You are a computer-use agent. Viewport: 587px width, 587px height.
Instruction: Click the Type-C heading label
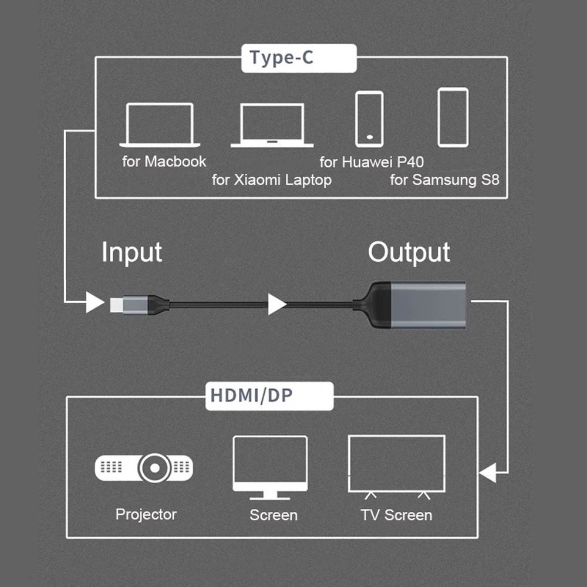tap(299, 59)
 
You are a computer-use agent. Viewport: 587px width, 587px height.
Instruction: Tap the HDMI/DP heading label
tap(268, 396)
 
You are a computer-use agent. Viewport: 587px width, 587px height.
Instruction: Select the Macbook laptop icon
tap(160, 125)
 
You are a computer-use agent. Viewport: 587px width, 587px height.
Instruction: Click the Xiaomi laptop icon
tap(272, 126)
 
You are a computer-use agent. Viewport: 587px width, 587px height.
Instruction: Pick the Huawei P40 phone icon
tap(369, 119)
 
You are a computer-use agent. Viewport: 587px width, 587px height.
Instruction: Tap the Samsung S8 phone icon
tap(453, 117)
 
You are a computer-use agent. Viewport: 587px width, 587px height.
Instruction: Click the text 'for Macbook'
tap(164, 161)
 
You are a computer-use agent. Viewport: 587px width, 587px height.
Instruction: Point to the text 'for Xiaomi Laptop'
tap(272, 180)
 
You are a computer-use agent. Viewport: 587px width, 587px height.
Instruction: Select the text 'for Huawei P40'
tap(372, 161)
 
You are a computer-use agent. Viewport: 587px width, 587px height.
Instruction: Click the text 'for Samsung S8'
tap(444, 180)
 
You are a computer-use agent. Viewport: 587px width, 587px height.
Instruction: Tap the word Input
tap(131, 252)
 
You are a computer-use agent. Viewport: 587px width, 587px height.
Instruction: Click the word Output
tap(409, 252)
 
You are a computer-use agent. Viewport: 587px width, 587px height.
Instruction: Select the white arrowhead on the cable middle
tap(276, 304)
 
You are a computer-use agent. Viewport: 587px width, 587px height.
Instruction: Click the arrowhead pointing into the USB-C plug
tap(95, 303)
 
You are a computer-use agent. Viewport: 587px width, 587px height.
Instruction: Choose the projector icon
tap(144, 468)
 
